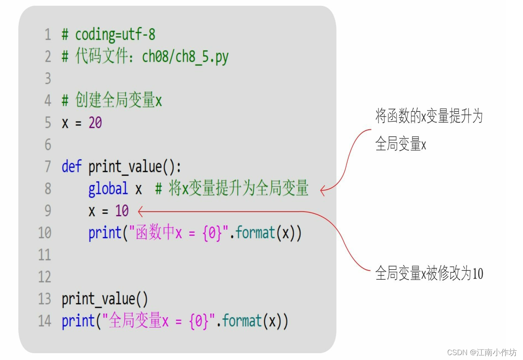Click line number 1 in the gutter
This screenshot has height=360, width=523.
[x=48, y=35]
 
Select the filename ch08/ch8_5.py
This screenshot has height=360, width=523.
[x=185, y=57]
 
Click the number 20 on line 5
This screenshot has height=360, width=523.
[x=95, y=122]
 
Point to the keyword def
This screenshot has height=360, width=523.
[x=71, y=166]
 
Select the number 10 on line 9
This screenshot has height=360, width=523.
[x=122, y=211]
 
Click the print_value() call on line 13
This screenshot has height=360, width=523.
[x=105, y=299]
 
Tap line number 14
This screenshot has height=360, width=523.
[x=45, y=321]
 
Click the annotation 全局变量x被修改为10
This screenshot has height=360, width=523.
[x=429, y=274]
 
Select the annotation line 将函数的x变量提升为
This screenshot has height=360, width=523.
[x=429, y=117]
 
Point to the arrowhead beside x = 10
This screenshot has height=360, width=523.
[x=140, y=211]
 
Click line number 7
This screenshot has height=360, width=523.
[x=48, y=166]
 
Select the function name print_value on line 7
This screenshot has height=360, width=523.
[x=125, y=166]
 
